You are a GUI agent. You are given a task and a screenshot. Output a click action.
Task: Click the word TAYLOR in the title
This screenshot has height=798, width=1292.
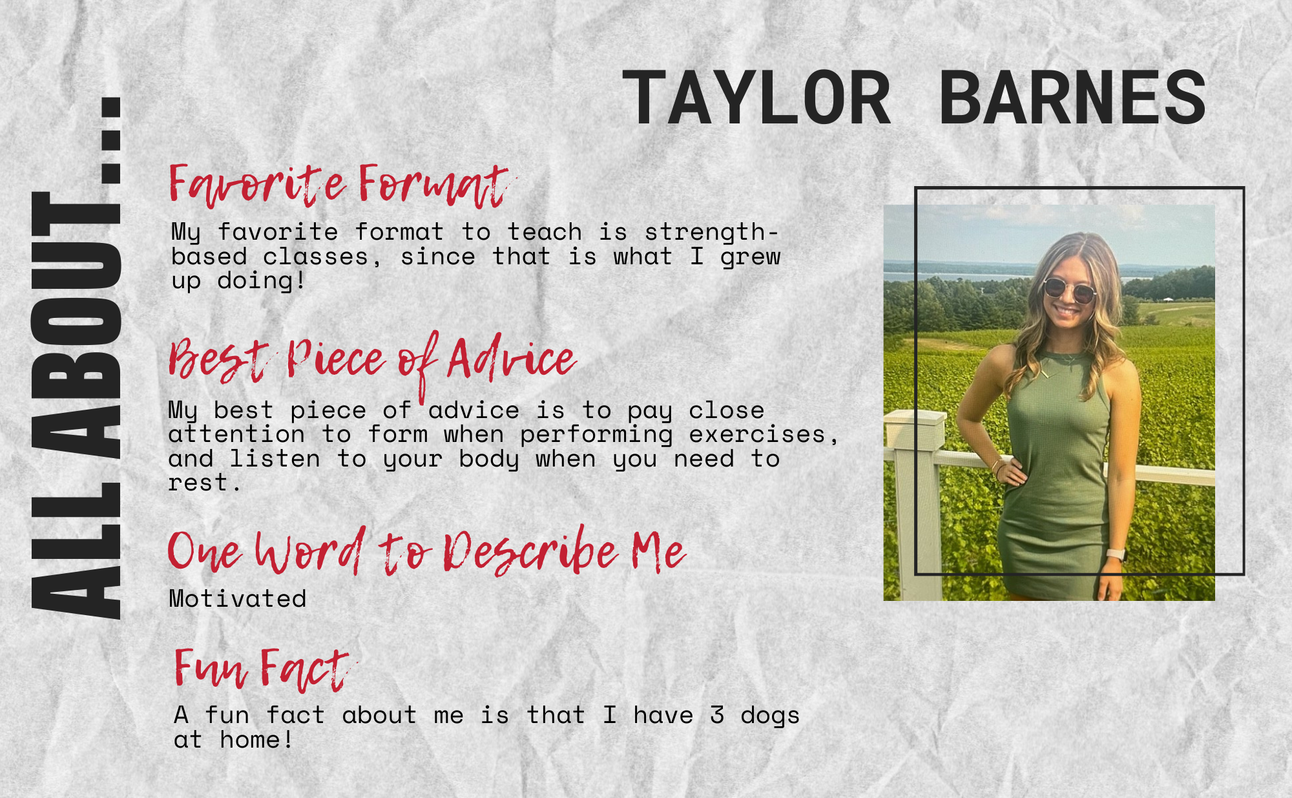tap(756, 98)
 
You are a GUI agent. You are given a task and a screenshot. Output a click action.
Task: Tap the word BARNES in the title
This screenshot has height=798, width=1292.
tap(1072, 98)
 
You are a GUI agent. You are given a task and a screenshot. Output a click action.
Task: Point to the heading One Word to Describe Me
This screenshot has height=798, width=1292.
tap(426, 551)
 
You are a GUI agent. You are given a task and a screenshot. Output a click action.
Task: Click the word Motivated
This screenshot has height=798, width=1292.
tap(238, 599)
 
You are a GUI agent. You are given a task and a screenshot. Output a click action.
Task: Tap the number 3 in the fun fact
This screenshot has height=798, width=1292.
tap(716, 715)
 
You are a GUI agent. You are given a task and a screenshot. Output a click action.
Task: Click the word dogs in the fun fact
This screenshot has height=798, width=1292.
tap(770, 716)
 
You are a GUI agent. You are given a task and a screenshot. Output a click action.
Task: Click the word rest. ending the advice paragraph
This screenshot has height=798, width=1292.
tap(205, 483)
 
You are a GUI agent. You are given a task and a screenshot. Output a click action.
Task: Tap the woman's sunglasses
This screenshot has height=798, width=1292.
tap(1069, 290)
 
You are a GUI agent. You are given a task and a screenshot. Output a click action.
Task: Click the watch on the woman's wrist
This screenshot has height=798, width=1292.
tap(1116, 554)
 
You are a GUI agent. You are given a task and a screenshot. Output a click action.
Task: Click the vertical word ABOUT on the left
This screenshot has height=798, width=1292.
tap(76, 330)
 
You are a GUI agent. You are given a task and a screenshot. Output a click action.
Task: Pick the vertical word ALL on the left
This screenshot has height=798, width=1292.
tap(76, 551)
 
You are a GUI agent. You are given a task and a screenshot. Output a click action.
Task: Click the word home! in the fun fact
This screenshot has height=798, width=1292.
tap(256, 740)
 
